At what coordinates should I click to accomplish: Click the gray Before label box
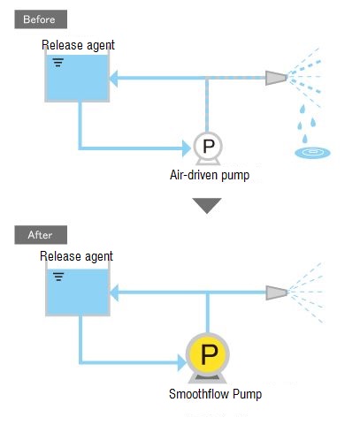pyautogui.click(x=41, y=19)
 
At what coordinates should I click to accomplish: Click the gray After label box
pyautogui.click(x=41, y=235)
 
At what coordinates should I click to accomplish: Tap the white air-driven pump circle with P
pyautogui.click(x=208, y=146)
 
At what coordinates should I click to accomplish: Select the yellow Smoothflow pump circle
pyautogui.click(x=208, y=354)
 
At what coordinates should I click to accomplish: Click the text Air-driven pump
pyautogui.click(x=210, y=175)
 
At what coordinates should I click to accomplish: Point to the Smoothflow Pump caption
pyautogui.click(x=215, y=394)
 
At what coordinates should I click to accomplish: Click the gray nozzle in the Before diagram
pyautogui.click(x=276, y=78)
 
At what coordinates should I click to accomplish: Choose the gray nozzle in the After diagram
pyautogui.click(x=277, y=292)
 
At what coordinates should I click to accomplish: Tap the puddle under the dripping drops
pyautogui.click(x=313, y=153)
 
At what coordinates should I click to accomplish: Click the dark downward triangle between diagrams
pyautogui.click(x=207, y=204)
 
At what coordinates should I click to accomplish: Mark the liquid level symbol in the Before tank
pyautogui.click(x=58, y=63)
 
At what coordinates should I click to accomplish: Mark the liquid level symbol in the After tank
pyautogui.click(x=58, y=277)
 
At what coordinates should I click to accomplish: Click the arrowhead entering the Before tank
pyautogui.click(x=114, y=79)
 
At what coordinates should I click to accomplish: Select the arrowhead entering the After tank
pyautogui.click(x=114, y=292)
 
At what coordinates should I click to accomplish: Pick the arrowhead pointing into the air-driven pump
pyautogui.click(x=187, y=148)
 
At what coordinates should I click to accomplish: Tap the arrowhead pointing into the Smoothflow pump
pyautogui.click(x=182, y=362)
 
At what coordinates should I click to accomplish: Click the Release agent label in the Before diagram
pyautogui.click(x=78, y=45)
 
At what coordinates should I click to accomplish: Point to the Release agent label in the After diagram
pyautogui.click(x=76, y=256)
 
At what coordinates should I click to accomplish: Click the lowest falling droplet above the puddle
pyautogui.click(x=305, y=138)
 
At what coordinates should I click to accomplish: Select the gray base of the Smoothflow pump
pyautogui.click(x=208, y=379)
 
